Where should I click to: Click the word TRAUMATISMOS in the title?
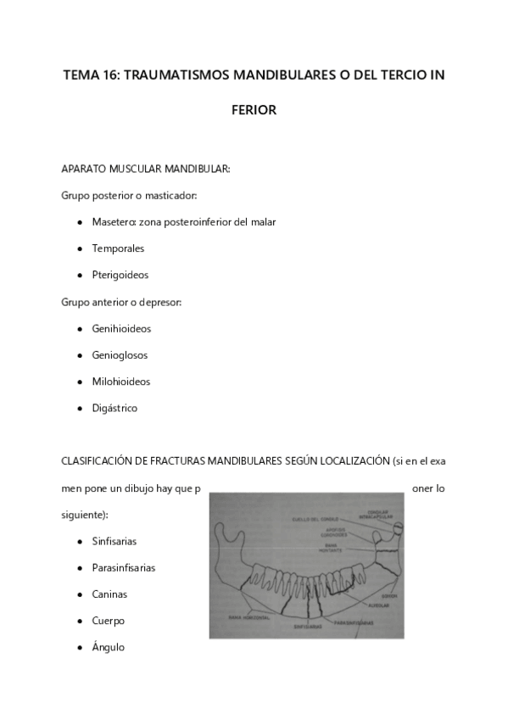coord(176,75)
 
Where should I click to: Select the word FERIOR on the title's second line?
coord(254,110)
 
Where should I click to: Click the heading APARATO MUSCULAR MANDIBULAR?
coord(146,169)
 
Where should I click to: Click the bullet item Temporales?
coord(118,248)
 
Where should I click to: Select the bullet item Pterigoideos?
coord(120,275)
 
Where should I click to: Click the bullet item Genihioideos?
coord(121,328)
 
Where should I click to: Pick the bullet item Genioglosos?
coord(120,355)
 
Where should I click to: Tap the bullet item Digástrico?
coord(114,408)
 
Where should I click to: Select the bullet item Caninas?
coord(109,594)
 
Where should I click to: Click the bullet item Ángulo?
coord(108,647)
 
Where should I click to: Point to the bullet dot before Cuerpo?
coord(79,621)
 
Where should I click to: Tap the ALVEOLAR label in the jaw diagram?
coord(375,605)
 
